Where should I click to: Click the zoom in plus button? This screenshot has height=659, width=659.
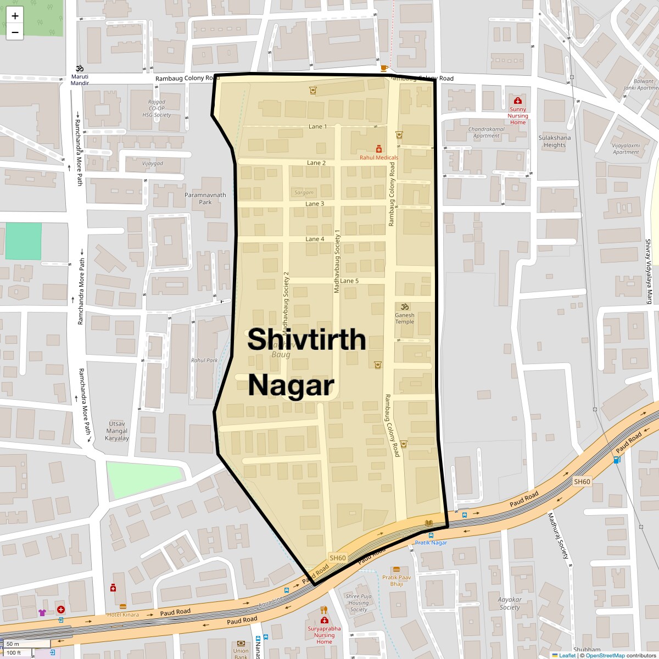click(15, 15)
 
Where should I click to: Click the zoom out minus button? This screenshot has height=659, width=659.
click(15, 32)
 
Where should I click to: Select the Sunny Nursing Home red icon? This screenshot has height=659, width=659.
click(517, 100)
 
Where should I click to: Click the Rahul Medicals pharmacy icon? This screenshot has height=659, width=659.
click(378, 149)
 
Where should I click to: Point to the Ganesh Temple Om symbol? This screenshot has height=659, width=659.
click(405, 306)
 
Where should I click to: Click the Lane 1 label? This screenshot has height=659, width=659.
click(317, 127)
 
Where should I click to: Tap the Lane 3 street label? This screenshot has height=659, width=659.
click(315, 204)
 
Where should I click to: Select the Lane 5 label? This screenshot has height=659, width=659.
click(349, 281)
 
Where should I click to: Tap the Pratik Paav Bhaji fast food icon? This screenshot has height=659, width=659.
click(396, 569)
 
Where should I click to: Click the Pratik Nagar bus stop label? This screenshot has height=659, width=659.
click(431, 543)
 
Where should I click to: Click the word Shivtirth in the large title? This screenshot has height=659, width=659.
click(306, 339)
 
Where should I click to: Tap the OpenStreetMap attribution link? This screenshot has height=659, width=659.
click(605, 655)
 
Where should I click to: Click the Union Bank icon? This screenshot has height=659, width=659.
click(241, 644)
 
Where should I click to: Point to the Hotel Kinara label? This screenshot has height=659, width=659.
click(123, 615)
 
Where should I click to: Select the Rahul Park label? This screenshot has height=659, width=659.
click(204, 361)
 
